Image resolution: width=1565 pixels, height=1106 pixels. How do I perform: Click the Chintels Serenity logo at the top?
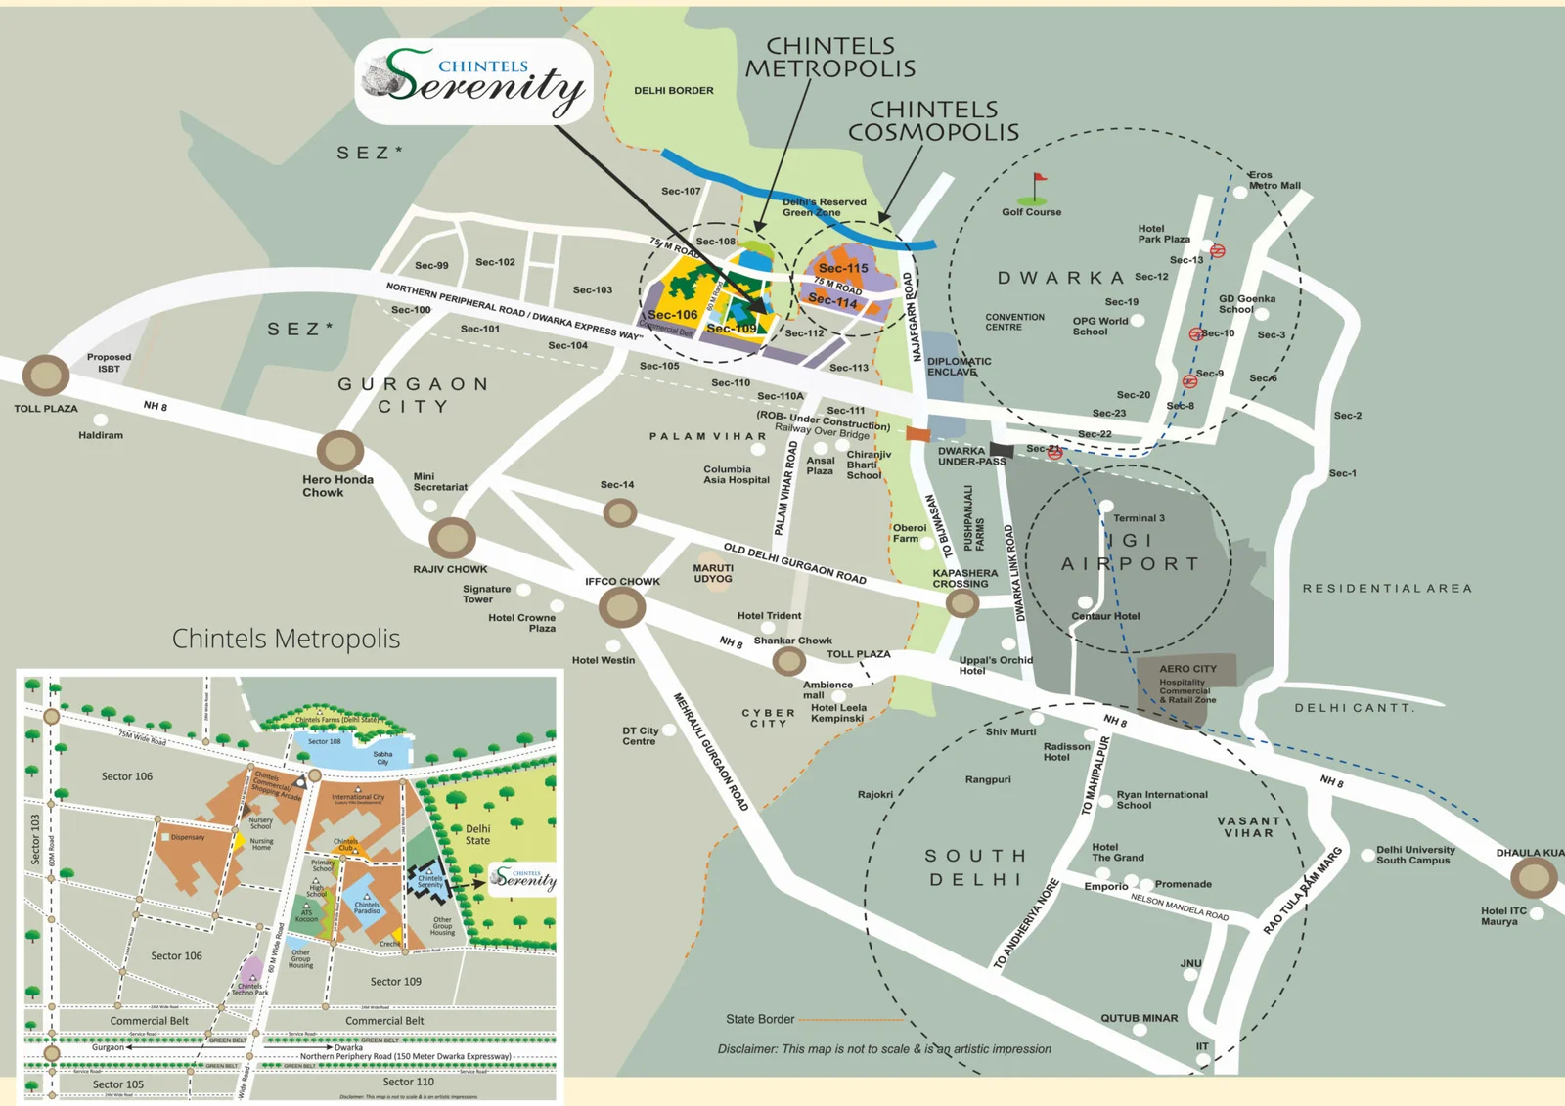(474, 82)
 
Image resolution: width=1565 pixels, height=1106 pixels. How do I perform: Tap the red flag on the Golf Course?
(1040, 179)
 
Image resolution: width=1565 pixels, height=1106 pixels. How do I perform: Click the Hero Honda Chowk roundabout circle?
(340, 451)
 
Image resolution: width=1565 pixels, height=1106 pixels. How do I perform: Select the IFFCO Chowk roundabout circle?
(621, 607)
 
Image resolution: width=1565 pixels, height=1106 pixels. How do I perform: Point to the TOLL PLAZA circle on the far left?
(45, 375)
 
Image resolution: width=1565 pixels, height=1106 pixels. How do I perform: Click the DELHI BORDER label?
(673, 91)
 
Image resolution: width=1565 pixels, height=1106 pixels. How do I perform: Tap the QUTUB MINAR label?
(1139, 1018)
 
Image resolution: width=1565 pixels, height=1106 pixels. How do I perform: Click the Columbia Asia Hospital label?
(736, 475)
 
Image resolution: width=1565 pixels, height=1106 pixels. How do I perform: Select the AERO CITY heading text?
(1187, 669)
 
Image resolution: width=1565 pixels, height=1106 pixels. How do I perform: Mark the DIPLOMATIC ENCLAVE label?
(959, 367)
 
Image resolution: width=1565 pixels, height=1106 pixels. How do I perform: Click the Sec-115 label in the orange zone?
(843, 268)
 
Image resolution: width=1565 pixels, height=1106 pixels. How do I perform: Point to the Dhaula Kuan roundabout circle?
(1533, 878)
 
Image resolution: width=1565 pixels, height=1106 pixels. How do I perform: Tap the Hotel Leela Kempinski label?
(838, 713)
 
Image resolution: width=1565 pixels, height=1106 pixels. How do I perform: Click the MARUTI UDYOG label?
(713, 573)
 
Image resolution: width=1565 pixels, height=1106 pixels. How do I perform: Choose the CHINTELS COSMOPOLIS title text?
(933, 120)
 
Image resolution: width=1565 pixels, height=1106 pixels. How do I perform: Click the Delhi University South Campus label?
(1414, 855)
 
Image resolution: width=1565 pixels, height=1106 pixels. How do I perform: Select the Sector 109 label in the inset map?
(395, 981)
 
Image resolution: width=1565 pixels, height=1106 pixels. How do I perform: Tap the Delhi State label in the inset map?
(477, 834)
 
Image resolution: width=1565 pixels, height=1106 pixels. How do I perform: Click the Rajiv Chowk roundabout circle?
(452, 537)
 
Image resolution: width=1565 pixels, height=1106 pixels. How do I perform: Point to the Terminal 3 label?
(1139, 518)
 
